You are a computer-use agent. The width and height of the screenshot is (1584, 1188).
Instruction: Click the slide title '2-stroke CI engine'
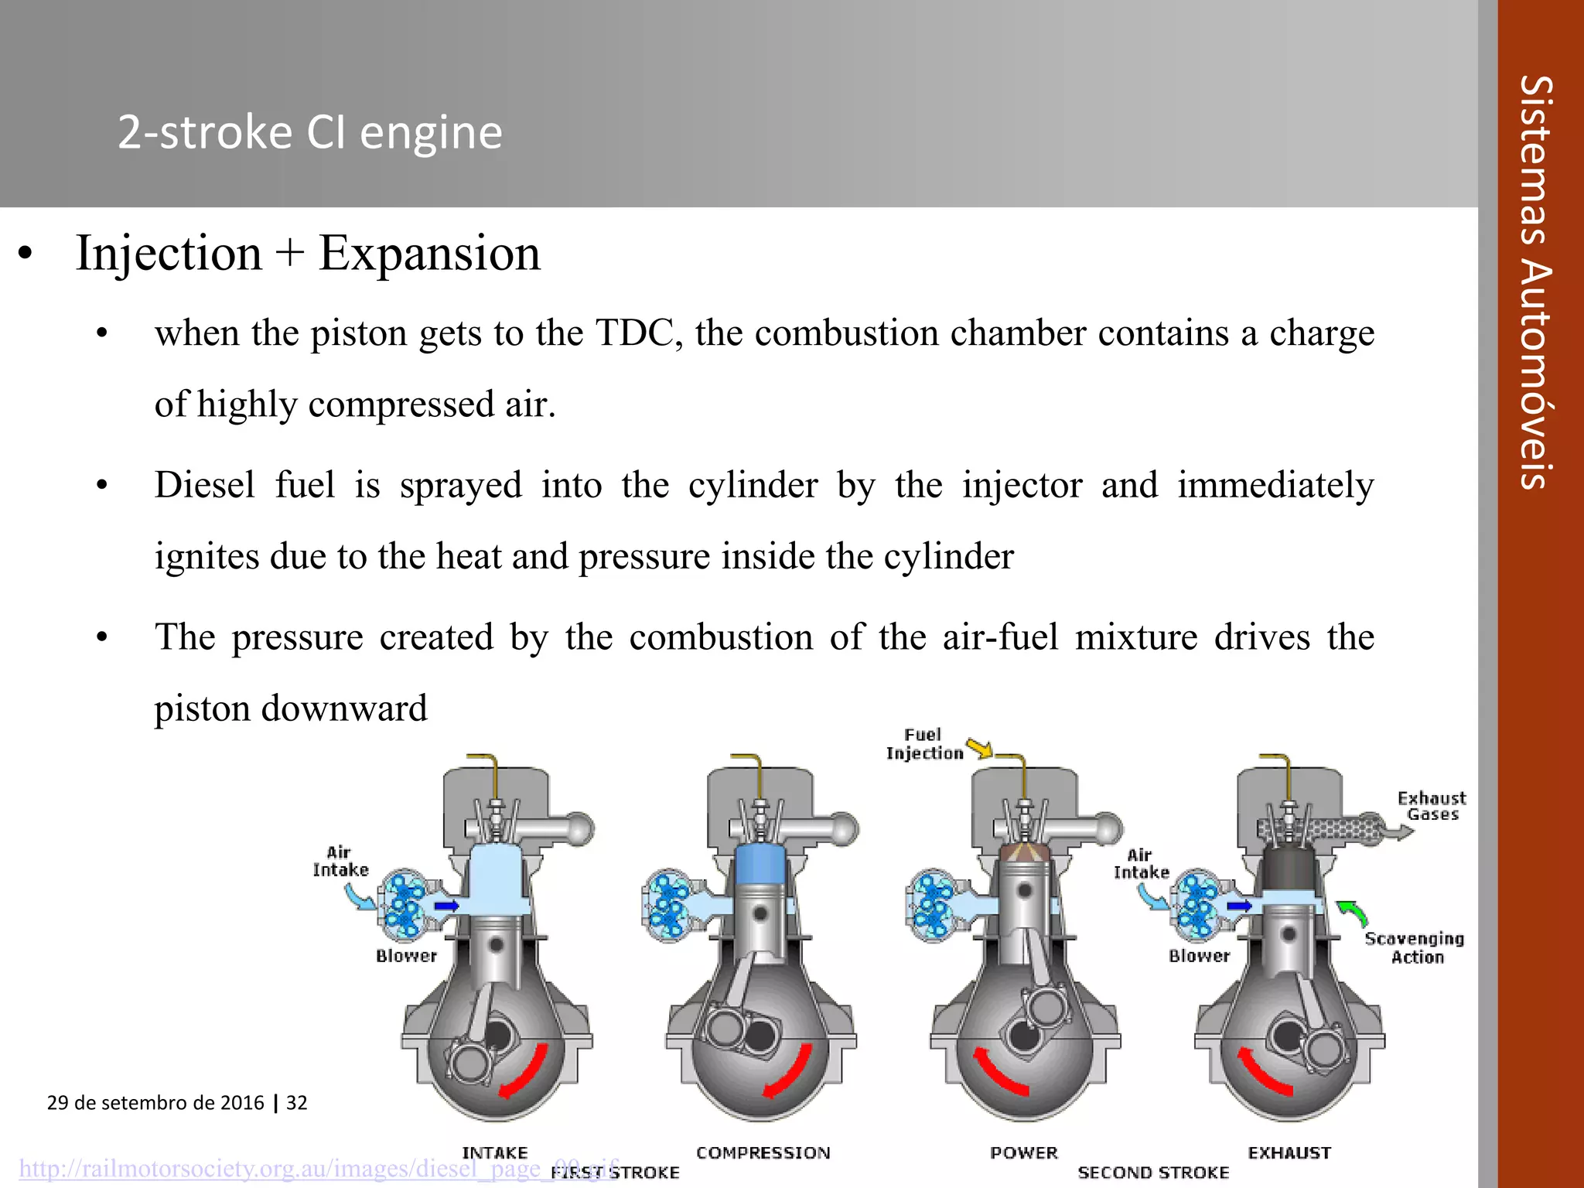[309, 132]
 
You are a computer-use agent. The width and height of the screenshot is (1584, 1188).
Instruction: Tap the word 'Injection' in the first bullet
[169, 253]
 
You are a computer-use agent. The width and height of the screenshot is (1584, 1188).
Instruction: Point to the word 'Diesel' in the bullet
[204, 486]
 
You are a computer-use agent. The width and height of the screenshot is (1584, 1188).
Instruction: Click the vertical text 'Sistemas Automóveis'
[1534, 282]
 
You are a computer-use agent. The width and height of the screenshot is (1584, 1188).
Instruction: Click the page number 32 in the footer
[297, 1102]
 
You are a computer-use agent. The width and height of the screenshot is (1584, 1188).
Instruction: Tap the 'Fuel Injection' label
[924, 744]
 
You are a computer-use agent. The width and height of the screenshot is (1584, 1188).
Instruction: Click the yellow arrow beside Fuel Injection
[979, 748]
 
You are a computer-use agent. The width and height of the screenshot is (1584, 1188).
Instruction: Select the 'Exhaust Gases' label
[1432, 806]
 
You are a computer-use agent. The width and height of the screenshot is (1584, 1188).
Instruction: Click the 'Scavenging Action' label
[1415, 947]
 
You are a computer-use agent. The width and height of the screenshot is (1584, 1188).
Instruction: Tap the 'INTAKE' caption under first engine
[495, 1152]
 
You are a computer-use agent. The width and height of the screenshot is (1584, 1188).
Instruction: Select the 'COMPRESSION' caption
[763, 1152]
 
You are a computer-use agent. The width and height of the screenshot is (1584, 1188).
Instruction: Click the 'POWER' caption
[1023, 1152]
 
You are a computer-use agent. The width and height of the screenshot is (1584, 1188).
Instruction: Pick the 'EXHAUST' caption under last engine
[1289, 1152]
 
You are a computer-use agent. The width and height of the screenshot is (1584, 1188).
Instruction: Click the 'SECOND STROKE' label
[1153, 1173]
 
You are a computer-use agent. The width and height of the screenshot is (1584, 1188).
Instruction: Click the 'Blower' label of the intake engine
[406, 956]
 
